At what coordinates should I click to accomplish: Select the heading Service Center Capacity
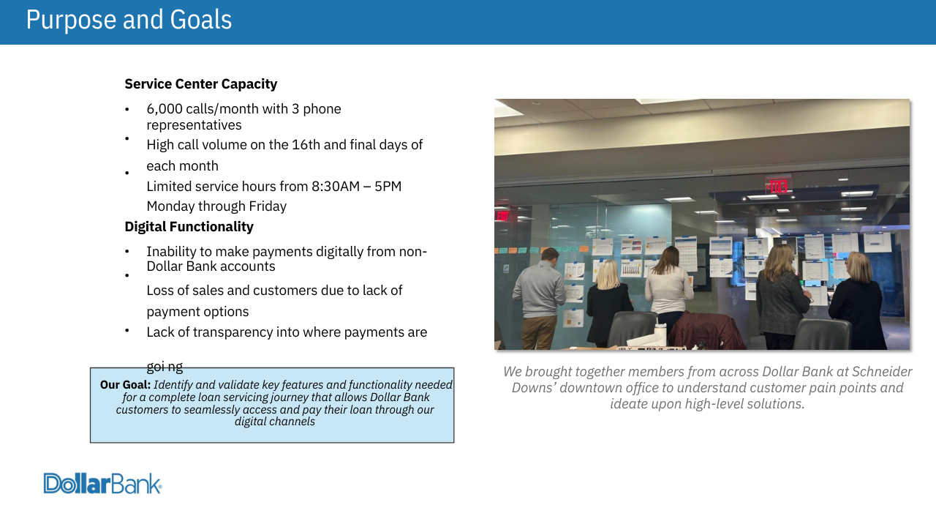[x=200, y=84]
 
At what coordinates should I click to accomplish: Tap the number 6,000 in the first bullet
[x=165, y=109]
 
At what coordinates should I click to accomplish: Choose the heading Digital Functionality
[x=189, y=227]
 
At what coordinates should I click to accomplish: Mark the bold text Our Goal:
[x=125, y=385]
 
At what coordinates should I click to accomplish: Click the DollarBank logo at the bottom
[x=103, y=484]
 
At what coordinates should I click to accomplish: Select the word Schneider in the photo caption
[x=882, y=371]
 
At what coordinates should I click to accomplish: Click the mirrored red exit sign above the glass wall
[x=777, y=186]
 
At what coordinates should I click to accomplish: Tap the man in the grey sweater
[x=538, y=297]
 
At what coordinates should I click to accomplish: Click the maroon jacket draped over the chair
[x=706, y=330]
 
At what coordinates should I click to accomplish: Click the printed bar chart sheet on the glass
[x=631, y=268]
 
